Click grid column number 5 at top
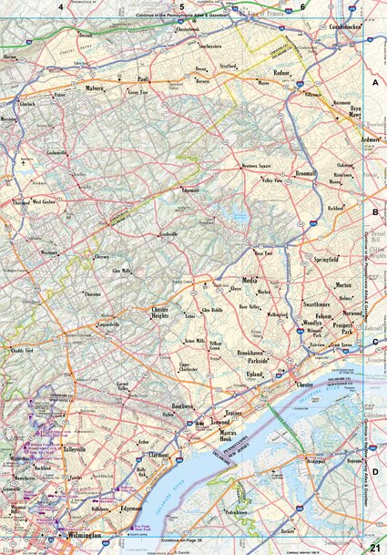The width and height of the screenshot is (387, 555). click(x=181, y=6)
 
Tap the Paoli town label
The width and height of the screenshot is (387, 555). click(x=142, y=78)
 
